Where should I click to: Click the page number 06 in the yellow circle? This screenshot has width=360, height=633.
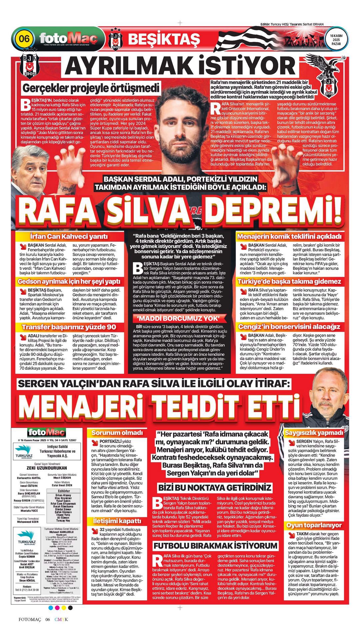[24, 38]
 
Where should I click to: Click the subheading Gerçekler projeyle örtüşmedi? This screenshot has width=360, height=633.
[91, 88]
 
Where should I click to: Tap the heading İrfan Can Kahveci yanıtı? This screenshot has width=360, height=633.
[69, 236]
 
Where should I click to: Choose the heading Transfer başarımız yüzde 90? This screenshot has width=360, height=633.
[69, 327]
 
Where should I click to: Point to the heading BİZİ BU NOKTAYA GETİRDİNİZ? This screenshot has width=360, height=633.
[215, 487]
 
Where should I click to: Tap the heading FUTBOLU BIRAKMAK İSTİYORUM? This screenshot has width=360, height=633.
[215, 546]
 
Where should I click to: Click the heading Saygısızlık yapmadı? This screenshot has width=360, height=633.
[314, 433]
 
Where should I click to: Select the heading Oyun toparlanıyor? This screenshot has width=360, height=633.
[314, 525]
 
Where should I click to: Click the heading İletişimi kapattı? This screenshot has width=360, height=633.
[117, 521]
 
